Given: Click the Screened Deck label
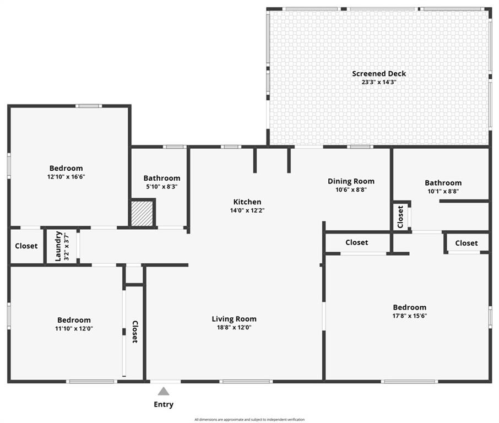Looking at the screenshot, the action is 379,73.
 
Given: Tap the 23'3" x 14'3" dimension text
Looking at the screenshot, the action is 379,82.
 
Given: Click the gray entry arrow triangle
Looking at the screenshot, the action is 164,391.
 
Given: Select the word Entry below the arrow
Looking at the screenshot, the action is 164,404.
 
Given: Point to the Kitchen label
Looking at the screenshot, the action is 247,202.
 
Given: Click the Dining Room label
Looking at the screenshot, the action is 351,181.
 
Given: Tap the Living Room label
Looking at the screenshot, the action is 234,319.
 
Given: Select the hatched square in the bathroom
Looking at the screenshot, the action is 142,213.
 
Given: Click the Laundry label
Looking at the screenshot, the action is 58,246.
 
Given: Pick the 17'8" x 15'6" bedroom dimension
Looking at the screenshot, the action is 410,316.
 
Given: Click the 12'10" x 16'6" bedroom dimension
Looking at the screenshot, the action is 66,177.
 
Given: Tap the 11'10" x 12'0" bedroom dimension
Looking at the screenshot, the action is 74,329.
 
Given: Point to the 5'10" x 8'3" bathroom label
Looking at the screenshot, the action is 162,187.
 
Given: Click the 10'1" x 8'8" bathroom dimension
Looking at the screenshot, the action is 443,192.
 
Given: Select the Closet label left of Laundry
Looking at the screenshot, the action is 26,246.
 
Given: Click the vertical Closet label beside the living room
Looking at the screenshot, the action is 135,332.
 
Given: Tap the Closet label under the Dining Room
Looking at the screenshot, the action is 357,242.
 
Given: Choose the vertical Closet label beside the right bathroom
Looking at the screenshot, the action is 400,217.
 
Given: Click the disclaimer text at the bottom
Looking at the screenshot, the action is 250,420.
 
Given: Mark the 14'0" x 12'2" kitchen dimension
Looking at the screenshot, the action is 247,210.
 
